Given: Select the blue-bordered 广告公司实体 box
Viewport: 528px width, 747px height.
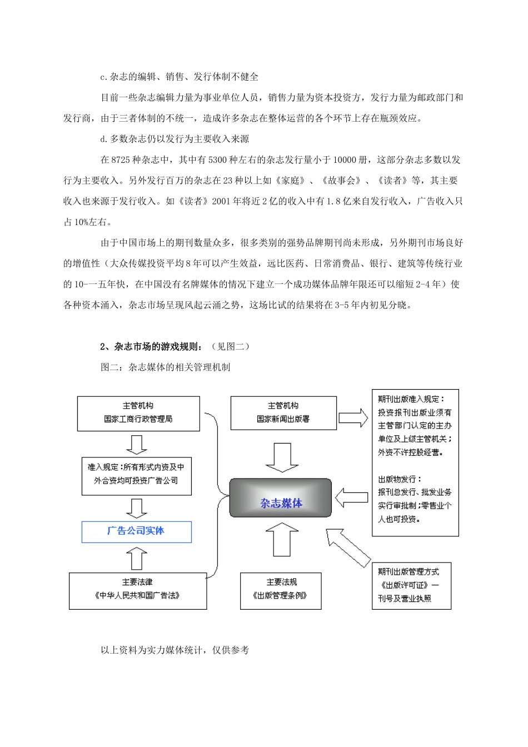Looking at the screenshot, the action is click(136, 531).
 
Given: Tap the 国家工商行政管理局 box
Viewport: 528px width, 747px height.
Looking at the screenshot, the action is click(138, 413).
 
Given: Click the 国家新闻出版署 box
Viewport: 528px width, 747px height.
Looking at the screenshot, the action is click(283, 413).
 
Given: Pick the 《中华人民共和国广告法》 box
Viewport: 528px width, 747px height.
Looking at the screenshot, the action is click(137, 590).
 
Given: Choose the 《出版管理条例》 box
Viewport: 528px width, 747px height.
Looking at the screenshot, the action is click(281, 590).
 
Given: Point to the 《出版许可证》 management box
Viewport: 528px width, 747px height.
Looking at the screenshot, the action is click(411, 585).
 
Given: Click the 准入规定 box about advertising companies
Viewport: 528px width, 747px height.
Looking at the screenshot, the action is click(136, 475).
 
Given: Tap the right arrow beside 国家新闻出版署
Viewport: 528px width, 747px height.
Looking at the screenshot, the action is click(353, 417).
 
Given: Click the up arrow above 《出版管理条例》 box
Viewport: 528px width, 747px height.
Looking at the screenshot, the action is click(282, 541).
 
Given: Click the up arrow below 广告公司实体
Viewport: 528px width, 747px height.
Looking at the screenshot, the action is click(136, 557).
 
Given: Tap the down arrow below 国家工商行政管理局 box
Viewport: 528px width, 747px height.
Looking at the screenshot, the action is click(136, 444).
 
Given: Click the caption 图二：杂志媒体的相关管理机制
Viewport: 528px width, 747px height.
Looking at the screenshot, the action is click(165, 367).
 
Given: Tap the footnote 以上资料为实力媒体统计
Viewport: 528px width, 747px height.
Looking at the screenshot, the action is click(175, 650).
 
